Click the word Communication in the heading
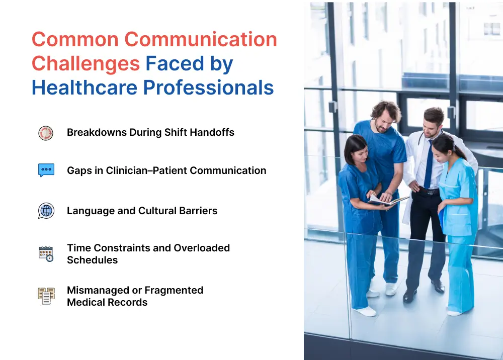(x=201, y=39)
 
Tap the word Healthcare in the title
(x=85, y=87)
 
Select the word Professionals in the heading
(x=208, y=87)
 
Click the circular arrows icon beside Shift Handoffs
(x=46, y=133)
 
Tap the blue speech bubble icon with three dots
(x=46, y=170)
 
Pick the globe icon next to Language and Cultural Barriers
(x=46, y=211)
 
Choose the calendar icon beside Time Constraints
(x=46, y=254)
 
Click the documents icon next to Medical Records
(x=46, y=296)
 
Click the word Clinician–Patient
(x=146, y=170)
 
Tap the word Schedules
(x=93, y=260)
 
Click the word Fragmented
(x=174, y=291)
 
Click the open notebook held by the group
(x=389, y=201)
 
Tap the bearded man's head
(x=386, y=116)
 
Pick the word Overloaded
(x=202, y=248)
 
